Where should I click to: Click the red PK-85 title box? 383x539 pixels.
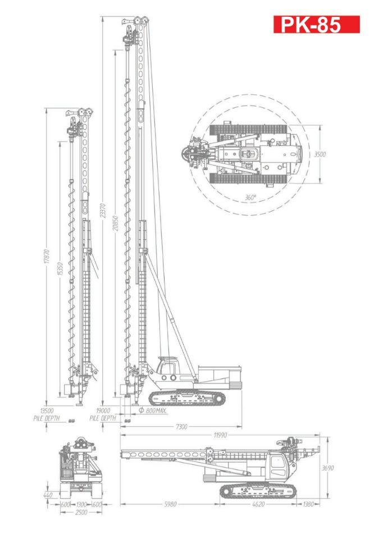coord(316,24)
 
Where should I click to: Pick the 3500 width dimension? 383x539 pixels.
coord(320,154)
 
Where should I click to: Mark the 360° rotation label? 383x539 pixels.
coord(250,198)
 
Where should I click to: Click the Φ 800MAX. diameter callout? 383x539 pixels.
coord(153,411)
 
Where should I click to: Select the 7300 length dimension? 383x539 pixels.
coord(182,427)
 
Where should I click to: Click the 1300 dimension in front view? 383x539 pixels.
coord(81,504)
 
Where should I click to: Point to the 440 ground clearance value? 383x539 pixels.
coord(49,496)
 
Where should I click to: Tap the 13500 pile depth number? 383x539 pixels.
coord(43,411)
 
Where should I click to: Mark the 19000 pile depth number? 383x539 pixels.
coord(102,411)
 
